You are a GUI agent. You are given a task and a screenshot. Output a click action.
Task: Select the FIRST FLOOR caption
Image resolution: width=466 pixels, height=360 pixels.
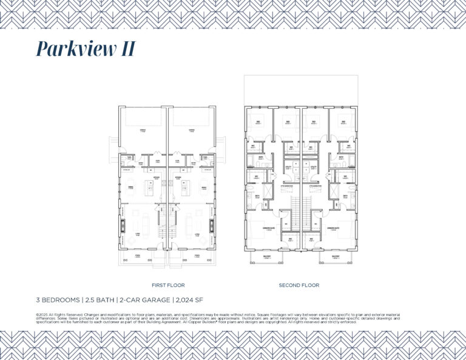[x=168, y=285]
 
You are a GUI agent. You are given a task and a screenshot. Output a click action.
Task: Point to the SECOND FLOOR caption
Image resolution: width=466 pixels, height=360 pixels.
[x=299, y=285]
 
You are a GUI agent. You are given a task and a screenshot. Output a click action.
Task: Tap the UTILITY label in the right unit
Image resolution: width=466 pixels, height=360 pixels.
[x=314, y=166]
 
